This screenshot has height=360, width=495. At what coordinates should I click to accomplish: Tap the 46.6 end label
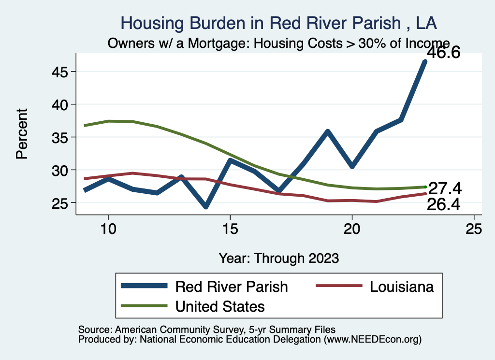tap(442, 52)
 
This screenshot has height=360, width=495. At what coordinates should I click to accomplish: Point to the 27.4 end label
tap(443, 188)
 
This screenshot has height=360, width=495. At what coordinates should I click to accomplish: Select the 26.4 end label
tap(443, 205)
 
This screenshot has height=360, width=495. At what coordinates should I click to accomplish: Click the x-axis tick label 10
tap(108, 229)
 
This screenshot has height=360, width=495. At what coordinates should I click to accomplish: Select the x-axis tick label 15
tap(230, 229)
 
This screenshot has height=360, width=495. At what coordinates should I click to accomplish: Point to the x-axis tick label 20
tap(352, 229)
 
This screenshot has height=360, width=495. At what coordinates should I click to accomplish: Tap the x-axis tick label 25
tap(474, 229)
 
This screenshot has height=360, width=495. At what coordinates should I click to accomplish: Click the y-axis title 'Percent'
tap(21, 133)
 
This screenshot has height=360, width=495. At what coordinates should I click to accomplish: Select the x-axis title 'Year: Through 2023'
tap(278, 258)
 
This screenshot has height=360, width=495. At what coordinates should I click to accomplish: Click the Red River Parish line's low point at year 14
tap(206, 206)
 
